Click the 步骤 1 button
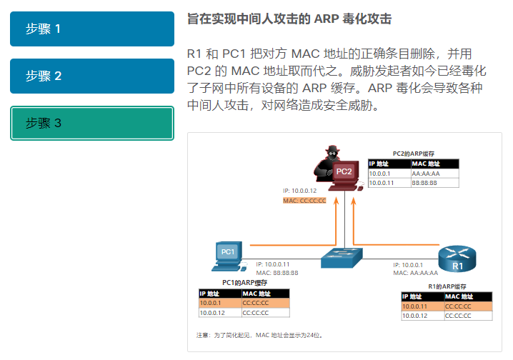point(92,29)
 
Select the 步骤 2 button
point(92,76)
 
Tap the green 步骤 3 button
point(92,123)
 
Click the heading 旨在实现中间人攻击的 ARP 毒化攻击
point(289,19)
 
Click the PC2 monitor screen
point(344,171)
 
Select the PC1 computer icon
point(227,255)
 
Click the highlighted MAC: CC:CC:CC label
point(305,201)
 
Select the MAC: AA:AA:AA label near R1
point(415,273)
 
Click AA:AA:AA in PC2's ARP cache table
point(426,173)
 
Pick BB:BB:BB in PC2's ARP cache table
point(426,183)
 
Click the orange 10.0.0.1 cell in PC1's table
point(219,303)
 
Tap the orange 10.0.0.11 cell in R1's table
point(422,306)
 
